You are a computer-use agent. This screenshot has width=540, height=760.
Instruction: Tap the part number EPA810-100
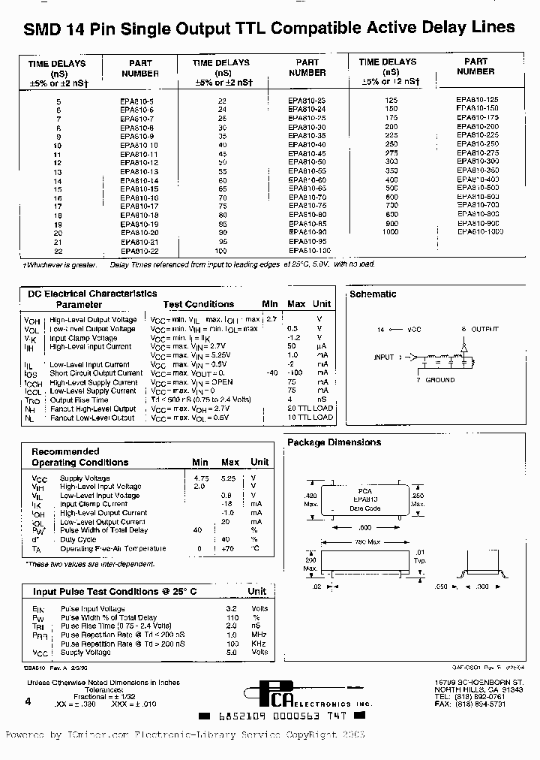(x=309, y=249)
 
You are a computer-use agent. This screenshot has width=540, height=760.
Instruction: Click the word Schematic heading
(x=373, y=294)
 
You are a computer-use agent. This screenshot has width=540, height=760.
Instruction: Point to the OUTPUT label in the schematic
(x=484, y=330)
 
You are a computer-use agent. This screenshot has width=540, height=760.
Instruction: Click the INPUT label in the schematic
(x=383, y=357)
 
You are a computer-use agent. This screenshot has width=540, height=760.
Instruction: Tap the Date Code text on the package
(x=364, y=508)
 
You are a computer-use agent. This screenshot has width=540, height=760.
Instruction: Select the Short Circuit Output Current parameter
(x=96, y=373)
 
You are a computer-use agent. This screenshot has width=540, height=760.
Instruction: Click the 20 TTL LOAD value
(x=310, y=409)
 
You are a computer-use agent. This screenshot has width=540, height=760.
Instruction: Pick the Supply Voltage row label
(x=84, y=478)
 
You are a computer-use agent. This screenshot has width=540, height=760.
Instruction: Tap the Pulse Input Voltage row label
(x=92, y=609)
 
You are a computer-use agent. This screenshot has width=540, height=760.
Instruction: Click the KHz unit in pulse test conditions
(x=259, y=644)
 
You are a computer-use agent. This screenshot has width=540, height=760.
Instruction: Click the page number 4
(x=28, y=701)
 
